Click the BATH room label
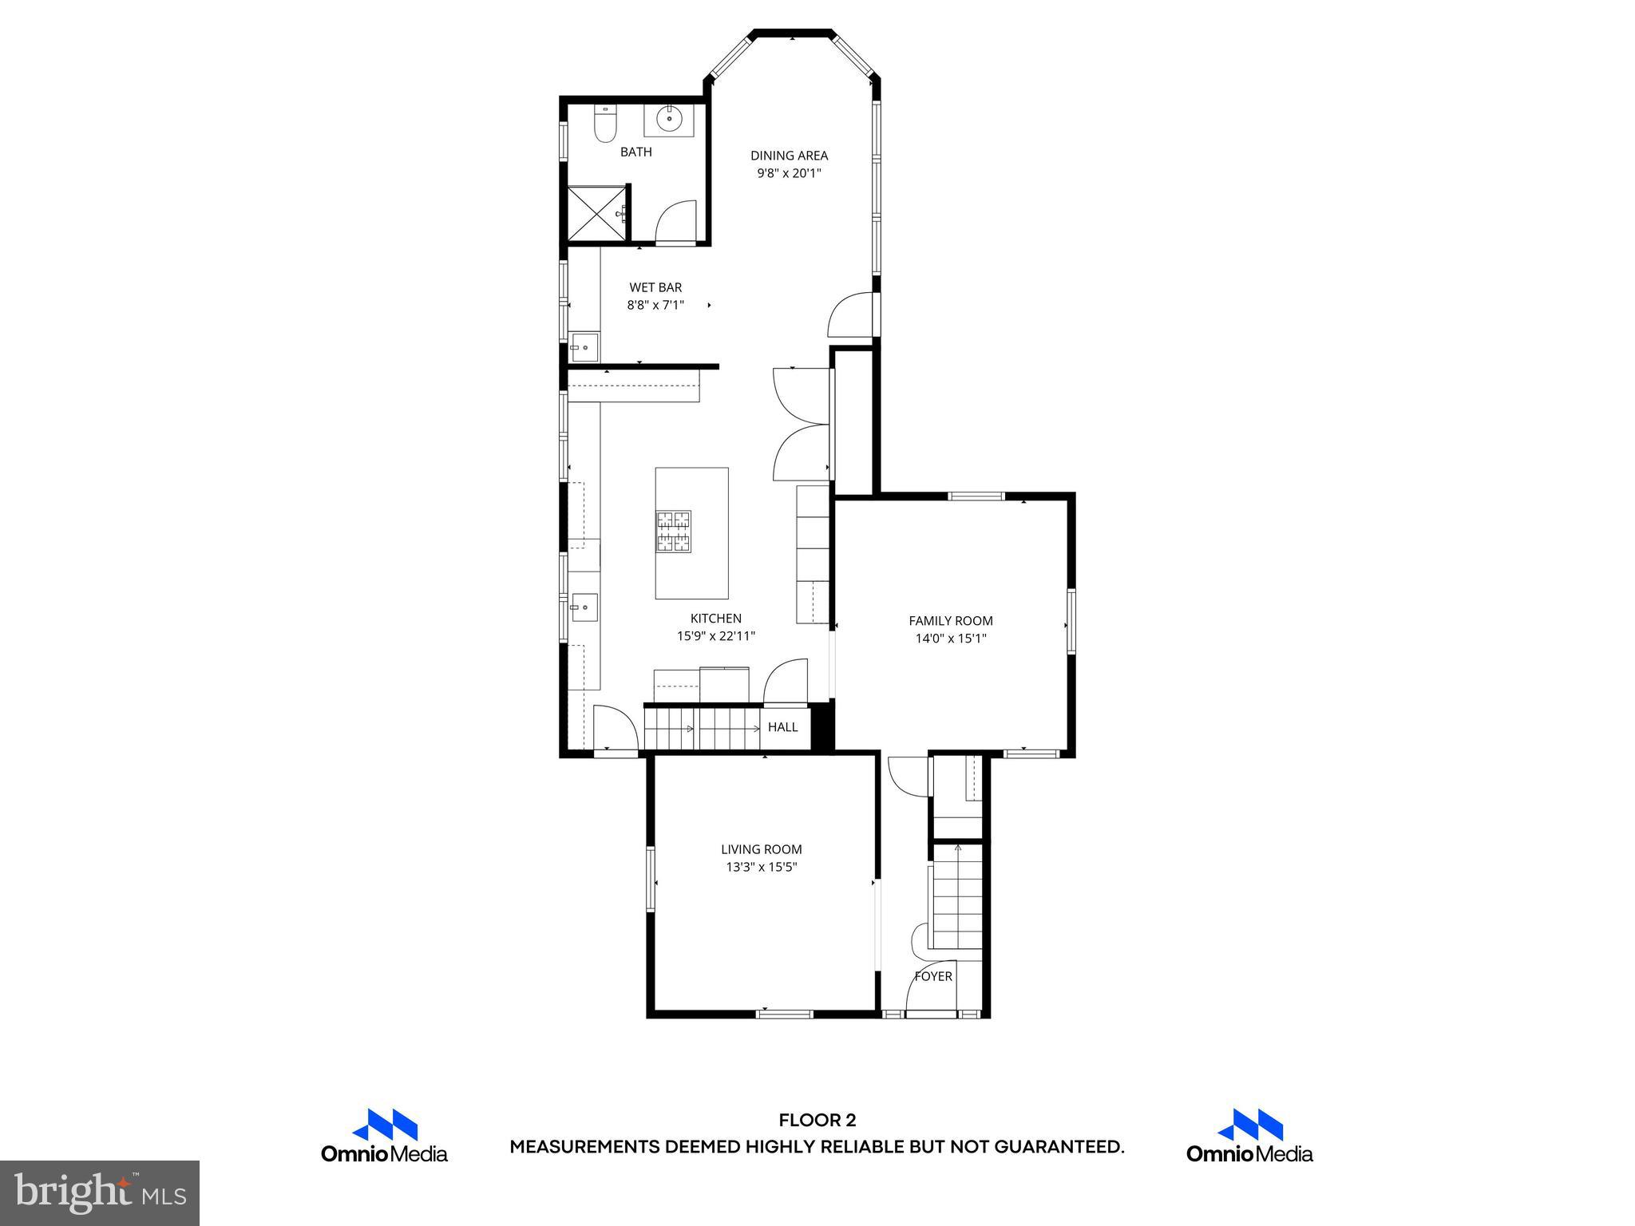pyautogui.click(x=635, y=152)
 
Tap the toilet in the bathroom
pyautogui.click(x=605, y=126)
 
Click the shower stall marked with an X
pyautogui.click(x=596, y=212)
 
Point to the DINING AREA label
pyautogui.click(x=789, y=156)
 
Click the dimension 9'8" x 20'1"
pyautogui.click(x=789, y=173)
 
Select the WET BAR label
pyautogui.click(x=655, y=287)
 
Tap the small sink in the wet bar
pyautogui.click(x=584, y=348)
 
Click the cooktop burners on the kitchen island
pyautogui.click(x=673, y=532)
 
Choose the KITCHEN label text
pyautogui.click(x=715, y=619)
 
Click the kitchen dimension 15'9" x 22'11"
pyautogui.click(x=715, y=636)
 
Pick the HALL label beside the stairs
pyautogui.click(x=782, y=727)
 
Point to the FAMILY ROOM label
pyautogui.click(x=950, y=621)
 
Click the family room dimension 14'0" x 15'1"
pyautogui.click(x=950, y=639)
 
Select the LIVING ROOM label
pyautogui.click(x=761, y=850)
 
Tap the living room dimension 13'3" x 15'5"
pyautogui.click(x=761, y=868)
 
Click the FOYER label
pyautogui.click(x=932, y=976)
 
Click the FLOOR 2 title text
pyautogui.click(x=817, y=1121)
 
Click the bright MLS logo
pyautogui.click(x=100, y=1192)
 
